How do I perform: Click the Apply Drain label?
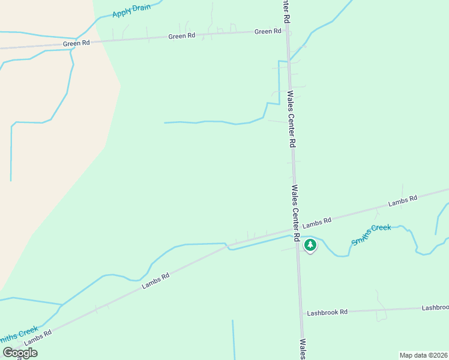(131, 10)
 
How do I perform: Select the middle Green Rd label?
(182, 36)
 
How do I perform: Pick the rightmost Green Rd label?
(268, 31)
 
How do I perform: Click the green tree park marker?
(310, 245)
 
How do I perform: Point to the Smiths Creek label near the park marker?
(371, 234)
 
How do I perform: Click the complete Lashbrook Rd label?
(327, 313)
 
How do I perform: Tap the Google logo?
(20, 353)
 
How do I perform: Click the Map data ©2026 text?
(423, 355)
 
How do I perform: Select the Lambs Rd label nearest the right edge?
(402, 202)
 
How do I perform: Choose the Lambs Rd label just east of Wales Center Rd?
(317, 223)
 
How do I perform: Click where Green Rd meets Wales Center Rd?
(288, 30)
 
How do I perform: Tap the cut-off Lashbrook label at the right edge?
(435, 307)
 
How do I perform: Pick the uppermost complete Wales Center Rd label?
(292, 119)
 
